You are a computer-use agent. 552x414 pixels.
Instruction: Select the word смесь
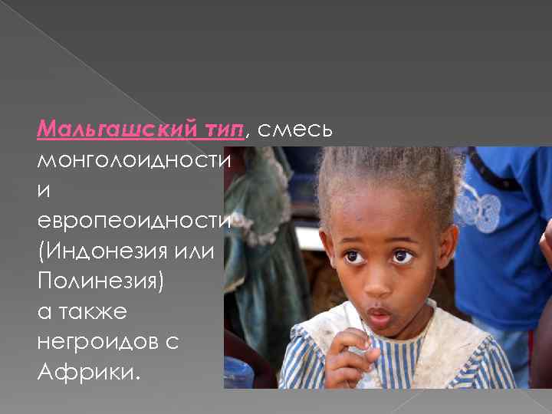tap(295, 129)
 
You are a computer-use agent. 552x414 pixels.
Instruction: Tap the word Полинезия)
tap(100, 281)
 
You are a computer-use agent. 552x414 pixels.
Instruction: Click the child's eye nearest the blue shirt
tap(402, 257)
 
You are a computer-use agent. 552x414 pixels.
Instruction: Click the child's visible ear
tap(449, 258)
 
